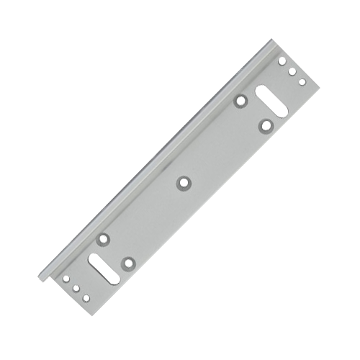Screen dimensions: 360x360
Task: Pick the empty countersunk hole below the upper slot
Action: [267, 127]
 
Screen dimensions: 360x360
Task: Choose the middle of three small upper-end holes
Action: [292, 71]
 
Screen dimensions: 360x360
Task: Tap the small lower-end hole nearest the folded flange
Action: [66, 277]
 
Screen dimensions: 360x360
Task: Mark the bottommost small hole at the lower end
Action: [86, 296]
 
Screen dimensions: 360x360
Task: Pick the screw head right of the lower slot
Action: [129, 263]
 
